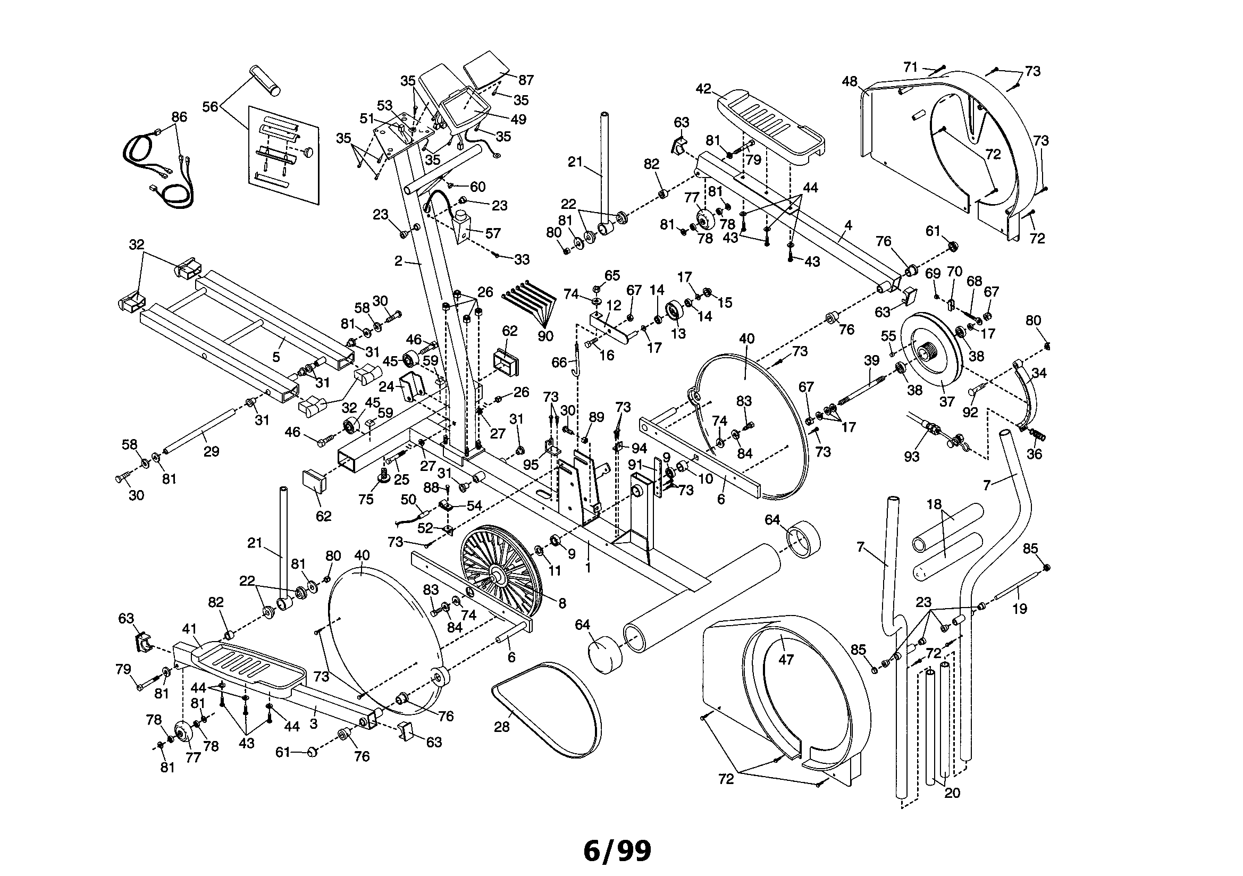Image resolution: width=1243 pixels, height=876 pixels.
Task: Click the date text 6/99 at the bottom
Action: (617, 850)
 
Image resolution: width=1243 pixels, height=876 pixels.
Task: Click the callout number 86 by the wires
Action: (179, 117)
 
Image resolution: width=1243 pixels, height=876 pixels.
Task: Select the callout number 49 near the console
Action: (518, 119)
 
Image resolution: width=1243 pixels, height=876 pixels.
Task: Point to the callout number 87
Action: (525, 80)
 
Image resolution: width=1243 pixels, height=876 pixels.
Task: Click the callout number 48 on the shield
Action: (850, 81)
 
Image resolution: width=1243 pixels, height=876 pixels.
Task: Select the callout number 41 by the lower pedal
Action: (189, 629)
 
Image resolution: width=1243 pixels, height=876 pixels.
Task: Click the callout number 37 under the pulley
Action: (946, 401)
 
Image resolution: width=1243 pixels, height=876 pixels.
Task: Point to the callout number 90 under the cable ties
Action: (545, 335)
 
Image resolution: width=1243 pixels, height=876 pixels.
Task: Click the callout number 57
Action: (492, 233)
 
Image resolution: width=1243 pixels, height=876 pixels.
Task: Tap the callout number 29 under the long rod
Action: (211, 451)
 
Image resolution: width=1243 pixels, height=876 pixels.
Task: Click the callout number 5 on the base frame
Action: (276, 357)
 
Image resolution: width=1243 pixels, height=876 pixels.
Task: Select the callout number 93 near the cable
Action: (912, 457)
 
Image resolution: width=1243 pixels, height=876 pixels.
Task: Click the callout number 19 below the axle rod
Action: (1019, 609)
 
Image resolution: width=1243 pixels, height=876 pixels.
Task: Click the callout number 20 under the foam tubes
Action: (952, 793)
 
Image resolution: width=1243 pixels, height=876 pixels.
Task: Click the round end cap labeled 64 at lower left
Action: (604, 654)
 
